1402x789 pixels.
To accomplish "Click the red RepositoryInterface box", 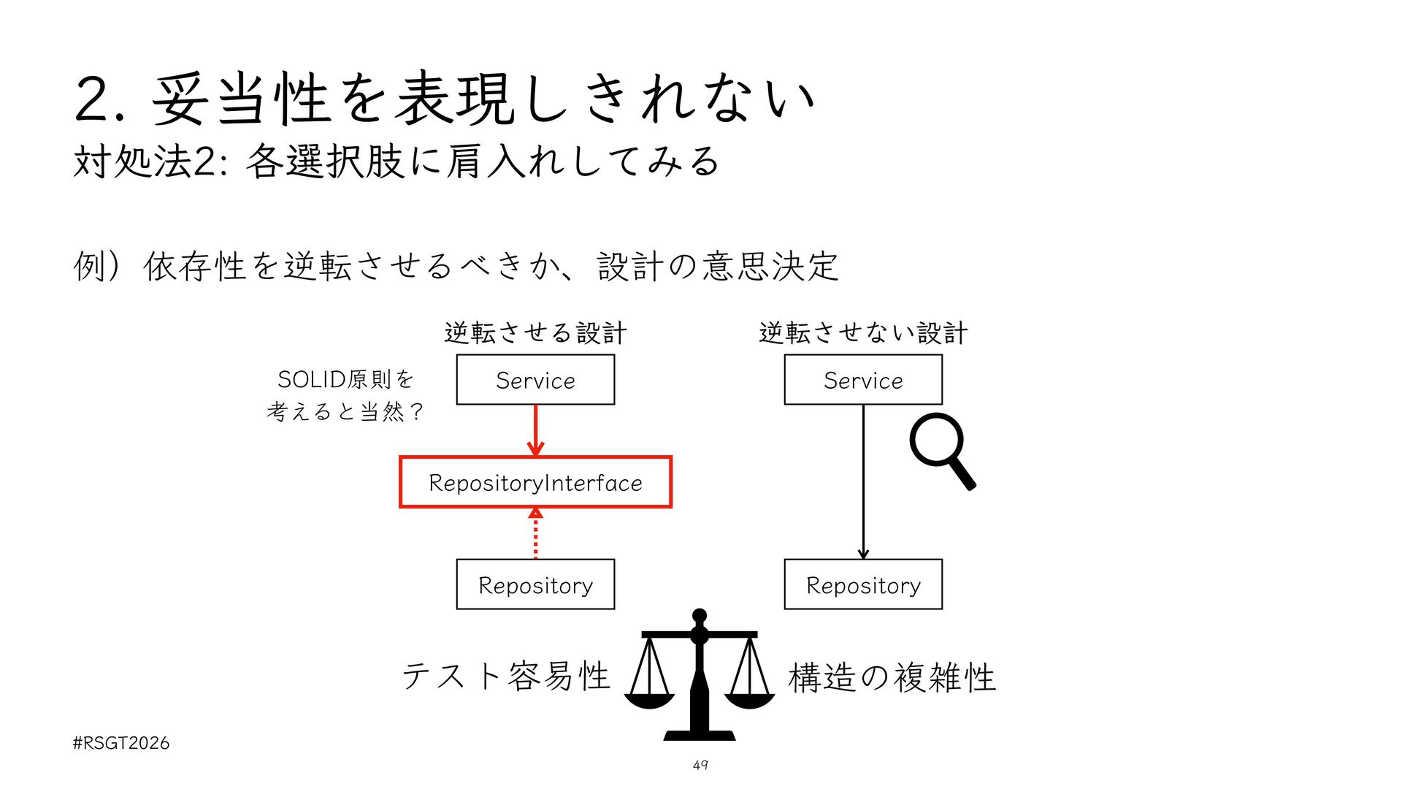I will [535, 482].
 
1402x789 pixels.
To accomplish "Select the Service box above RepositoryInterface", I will [535, 380].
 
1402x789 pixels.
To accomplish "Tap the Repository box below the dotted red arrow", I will [535, 584].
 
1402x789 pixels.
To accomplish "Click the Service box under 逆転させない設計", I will [863, 380].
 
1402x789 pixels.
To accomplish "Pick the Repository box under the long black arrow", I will [863, 584].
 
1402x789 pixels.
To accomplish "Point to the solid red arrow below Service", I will [535, 430].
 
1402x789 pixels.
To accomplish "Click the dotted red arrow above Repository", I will [535, 533].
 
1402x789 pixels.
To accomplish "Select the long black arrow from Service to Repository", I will [863, 482].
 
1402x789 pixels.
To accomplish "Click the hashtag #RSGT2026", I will [121, 743].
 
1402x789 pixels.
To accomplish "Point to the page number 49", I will [700, 765].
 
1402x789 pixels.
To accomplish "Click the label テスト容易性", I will [505, 676].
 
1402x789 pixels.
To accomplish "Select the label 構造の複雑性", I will [892, 677].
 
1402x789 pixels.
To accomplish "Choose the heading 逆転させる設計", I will [535, 333].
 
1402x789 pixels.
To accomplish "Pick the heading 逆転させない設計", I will [863, 333].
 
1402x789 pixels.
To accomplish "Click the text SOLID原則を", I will [345, 379].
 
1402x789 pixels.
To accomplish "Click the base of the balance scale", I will [700, 735].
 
